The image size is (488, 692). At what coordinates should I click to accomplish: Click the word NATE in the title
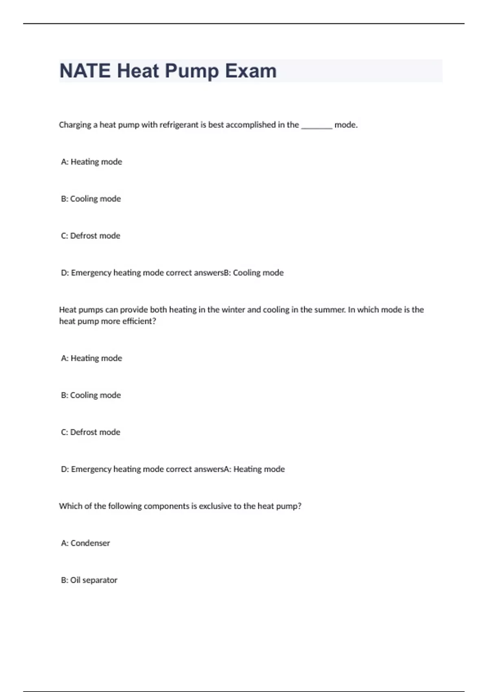(85, 71)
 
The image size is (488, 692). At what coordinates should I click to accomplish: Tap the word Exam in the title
(251, 71)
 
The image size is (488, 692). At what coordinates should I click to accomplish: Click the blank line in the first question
(316, 126)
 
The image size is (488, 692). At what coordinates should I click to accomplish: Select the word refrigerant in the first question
(179, 125)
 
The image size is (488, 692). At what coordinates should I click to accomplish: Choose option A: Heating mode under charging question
(91, 162)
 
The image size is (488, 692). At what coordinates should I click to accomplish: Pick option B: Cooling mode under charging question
(91, 199)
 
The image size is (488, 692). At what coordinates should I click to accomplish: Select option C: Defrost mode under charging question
(90, 236)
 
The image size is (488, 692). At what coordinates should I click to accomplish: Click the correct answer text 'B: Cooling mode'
(254, 273)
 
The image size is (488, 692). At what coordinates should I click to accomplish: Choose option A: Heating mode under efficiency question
(91, 358)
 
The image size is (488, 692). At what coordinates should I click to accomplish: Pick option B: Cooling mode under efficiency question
(91, 395)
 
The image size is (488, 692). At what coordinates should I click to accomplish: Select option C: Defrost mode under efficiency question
(90, 432)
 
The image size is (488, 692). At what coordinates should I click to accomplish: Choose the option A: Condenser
(85, 543)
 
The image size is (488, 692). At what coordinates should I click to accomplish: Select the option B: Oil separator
(89, 580)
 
